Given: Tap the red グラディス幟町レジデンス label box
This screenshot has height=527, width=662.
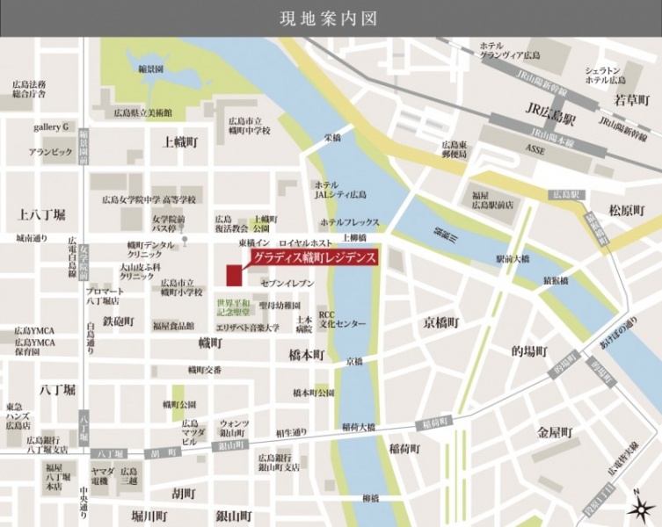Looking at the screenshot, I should pos(314,258).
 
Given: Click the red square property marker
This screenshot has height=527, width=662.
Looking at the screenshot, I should pos(233,275).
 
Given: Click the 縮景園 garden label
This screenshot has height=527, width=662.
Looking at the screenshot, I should pos(151,69).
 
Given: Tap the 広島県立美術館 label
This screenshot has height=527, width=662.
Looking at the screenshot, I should pos(142,112).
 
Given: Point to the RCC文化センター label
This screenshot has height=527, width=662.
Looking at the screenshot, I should pos(341,318).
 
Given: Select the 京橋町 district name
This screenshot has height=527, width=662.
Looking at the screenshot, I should pos(440,322).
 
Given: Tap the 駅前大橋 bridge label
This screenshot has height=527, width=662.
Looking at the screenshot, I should pos(513,259).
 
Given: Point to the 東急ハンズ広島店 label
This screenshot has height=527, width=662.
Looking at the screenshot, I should pos(18,415).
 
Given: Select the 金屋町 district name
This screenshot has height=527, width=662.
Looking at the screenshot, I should pos(556,433).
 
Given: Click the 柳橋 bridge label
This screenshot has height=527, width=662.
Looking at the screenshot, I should pos(370,498).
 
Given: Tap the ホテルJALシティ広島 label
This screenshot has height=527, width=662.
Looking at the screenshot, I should pos(340,190).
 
